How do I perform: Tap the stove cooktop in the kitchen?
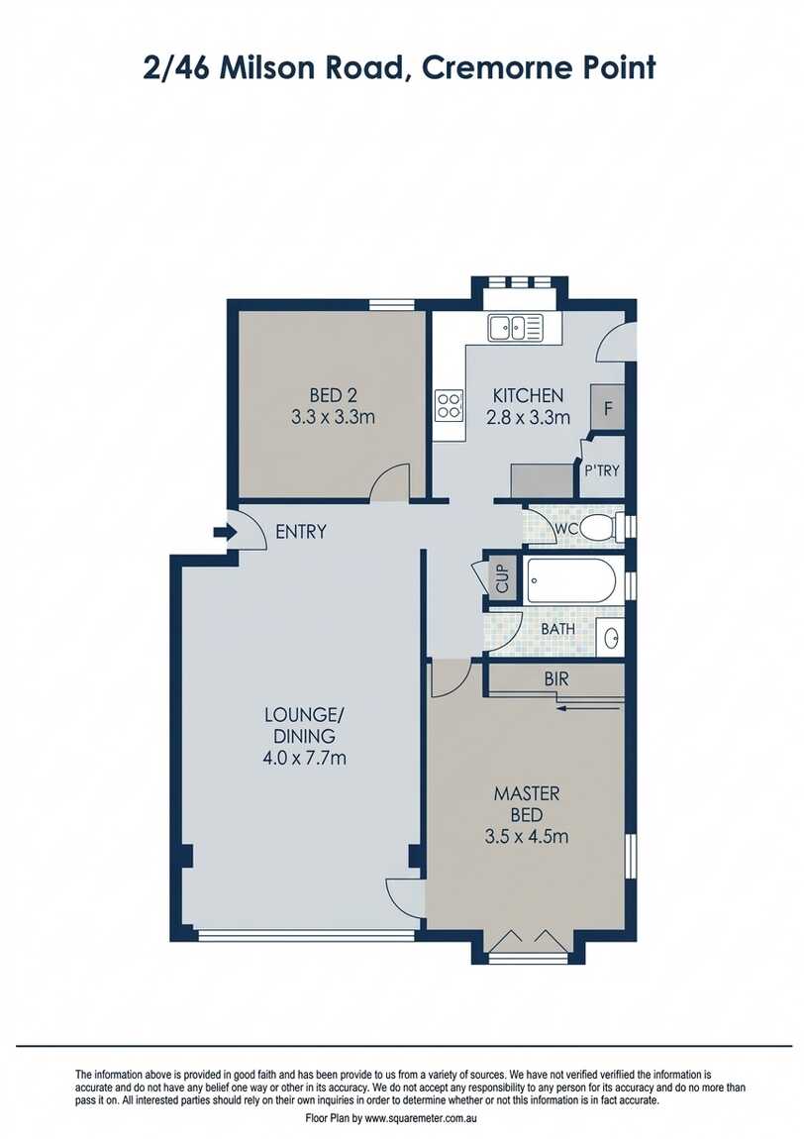click(x=449, y=404)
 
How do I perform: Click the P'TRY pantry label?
click(x=601, y=470)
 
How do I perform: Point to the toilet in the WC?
click(x=597, y=529)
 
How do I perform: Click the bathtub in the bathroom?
click(x=573, y=579)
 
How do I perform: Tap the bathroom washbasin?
click(x=611, y=637)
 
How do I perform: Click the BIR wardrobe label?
click(x=554, y=680)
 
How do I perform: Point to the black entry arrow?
click(x=223, y=533)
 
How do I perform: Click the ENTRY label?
click(x=300, y=532)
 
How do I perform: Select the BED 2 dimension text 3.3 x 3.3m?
click(x=333, y=417)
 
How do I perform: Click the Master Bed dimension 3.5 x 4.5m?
click(x=527, y=836)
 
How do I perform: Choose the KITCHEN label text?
click(x=528, y=395)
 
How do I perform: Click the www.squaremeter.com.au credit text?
click(x=421, y=1117)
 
